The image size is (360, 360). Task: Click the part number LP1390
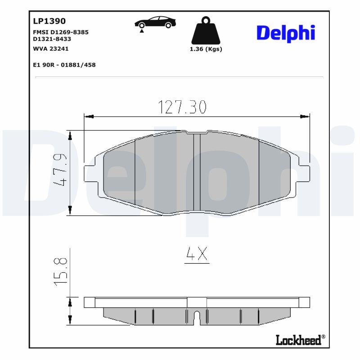[49, 21]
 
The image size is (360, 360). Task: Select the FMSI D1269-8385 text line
[61, 32]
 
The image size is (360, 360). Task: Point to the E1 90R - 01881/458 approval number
[64, 65]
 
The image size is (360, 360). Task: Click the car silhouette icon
[155, 22]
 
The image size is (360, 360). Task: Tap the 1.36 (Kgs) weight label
[206, 49]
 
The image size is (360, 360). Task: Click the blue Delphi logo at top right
[285, 33]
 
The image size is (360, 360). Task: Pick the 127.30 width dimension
[182, 107]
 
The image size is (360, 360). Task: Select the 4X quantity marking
[197, 255]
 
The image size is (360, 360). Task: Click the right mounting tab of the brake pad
[305, 173]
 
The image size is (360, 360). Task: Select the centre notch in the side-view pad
[197, 318]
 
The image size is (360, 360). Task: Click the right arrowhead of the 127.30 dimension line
[306, 117]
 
